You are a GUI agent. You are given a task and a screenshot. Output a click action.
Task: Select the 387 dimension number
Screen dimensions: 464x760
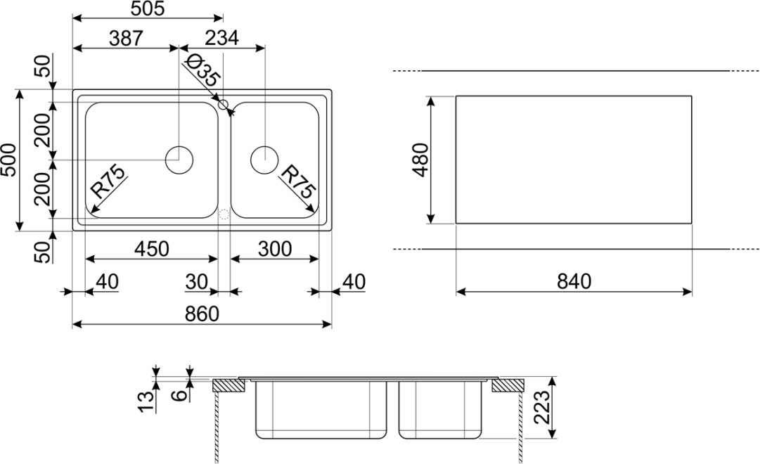[126, 38]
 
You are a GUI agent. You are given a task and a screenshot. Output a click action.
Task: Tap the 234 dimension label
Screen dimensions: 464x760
[222, 38]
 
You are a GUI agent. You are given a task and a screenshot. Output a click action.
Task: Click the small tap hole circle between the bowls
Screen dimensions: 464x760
[224, 105]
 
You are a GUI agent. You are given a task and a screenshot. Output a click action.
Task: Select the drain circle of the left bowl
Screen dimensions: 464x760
[179, 160]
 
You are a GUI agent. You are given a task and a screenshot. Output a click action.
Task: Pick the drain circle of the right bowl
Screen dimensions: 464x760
[264, 160]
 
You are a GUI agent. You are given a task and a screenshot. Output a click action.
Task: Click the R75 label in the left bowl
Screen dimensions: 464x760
[108, 181]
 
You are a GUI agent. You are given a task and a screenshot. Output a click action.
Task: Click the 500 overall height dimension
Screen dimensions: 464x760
[9, 160]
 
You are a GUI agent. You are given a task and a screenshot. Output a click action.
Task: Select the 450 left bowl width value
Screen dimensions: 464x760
[151, 249]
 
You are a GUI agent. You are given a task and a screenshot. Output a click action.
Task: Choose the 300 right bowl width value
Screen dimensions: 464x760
[275, 249]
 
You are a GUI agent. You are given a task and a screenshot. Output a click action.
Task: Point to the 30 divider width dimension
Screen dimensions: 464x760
[197, 282]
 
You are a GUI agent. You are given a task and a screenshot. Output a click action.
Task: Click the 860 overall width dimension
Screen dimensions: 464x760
[202, 314]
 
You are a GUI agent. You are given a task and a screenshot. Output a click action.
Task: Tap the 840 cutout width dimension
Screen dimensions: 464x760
[574, 282]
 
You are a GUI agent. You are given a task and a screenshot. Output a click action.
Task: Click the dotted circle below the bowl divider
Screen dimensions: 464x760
[224, 215]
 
